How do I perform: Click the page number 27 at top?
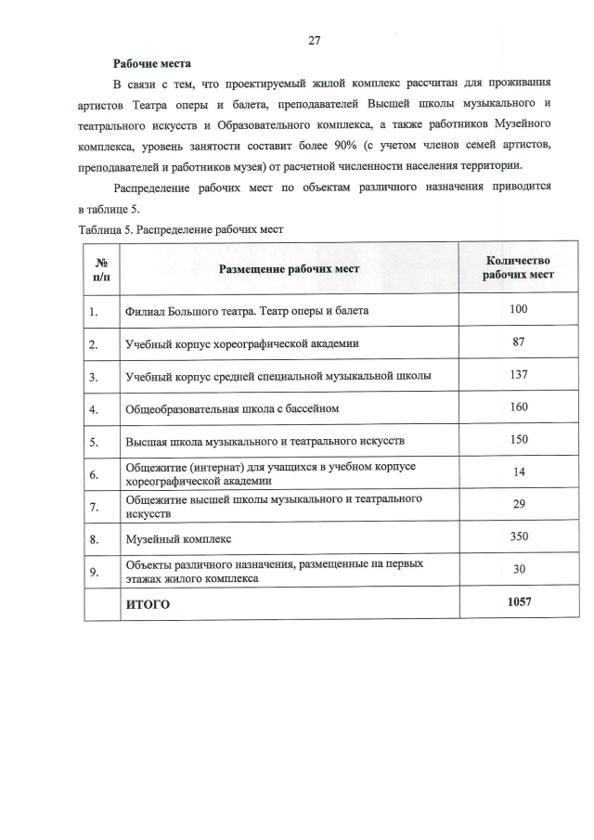(314, 40)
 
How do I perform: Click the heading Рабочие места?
(151, 64)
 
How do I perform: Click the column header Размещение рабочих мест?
(289, 268)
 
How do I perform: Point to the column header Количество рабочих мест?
(519, 267)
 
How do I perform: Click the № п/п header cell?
(101, 267)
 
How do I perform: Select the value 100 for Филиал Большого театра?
(519, 309)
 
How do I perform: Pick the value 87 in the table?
(519, 342)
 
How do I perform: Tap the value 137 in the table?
(519, 374)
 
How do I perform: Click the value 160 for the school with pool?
(519, 407)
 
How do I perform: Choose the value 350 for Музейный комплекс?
(519, 536)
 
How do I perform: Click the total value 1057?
(519, 602)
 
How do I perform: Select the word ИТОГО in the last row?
(148, 604)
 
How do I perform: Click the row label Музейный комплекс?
(178, 538)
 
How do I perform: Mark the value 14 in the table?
(519, 472)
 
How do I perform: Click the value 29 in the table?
(519, 504)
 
